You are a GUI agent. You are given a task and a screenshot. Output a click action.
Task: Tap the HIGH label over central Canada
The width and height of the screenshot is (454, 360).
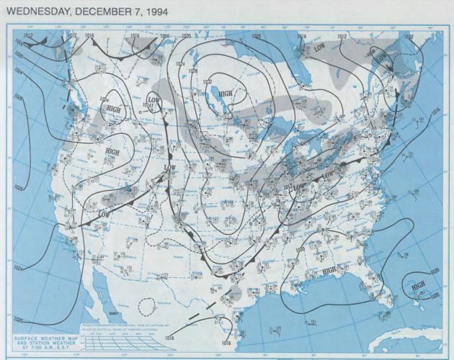tap(226, 94)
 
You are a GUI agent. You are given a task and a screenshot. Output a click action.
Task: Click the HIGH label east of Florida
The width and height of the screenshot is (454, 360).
tap(417, 285)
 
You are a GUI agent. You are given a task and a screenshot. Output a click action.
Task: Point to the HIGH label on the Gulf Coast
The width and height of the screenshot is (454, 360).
tap(330, 270)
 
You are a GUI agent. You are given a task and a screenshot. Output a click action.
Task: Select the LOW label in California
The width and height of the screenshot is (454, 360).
tap(104, 215)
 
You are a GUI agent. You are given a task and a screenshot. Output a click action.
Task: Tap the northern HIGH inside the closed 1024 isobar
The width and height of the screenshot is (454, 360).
tap(114, 108)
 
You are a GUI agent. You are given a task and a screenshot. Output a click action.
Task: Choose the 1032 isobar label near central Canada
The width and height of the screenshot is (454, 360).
tap(208, 82)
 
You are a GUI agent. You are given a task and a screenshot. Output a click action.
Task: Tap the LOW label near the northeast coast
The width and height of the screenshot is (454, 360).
tap(381, 56)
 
